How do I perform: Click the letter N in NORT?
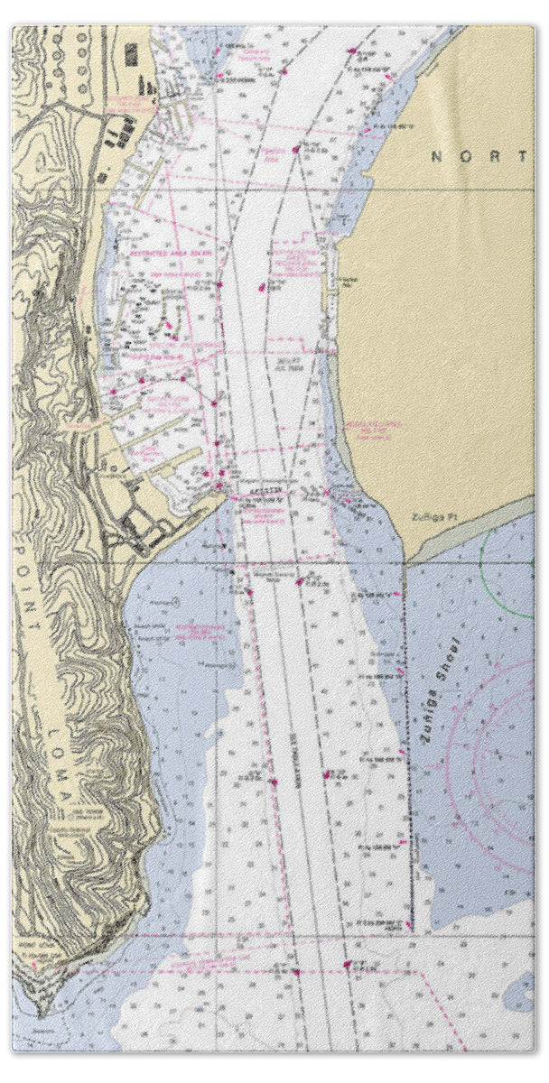(x=436, y=156)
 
